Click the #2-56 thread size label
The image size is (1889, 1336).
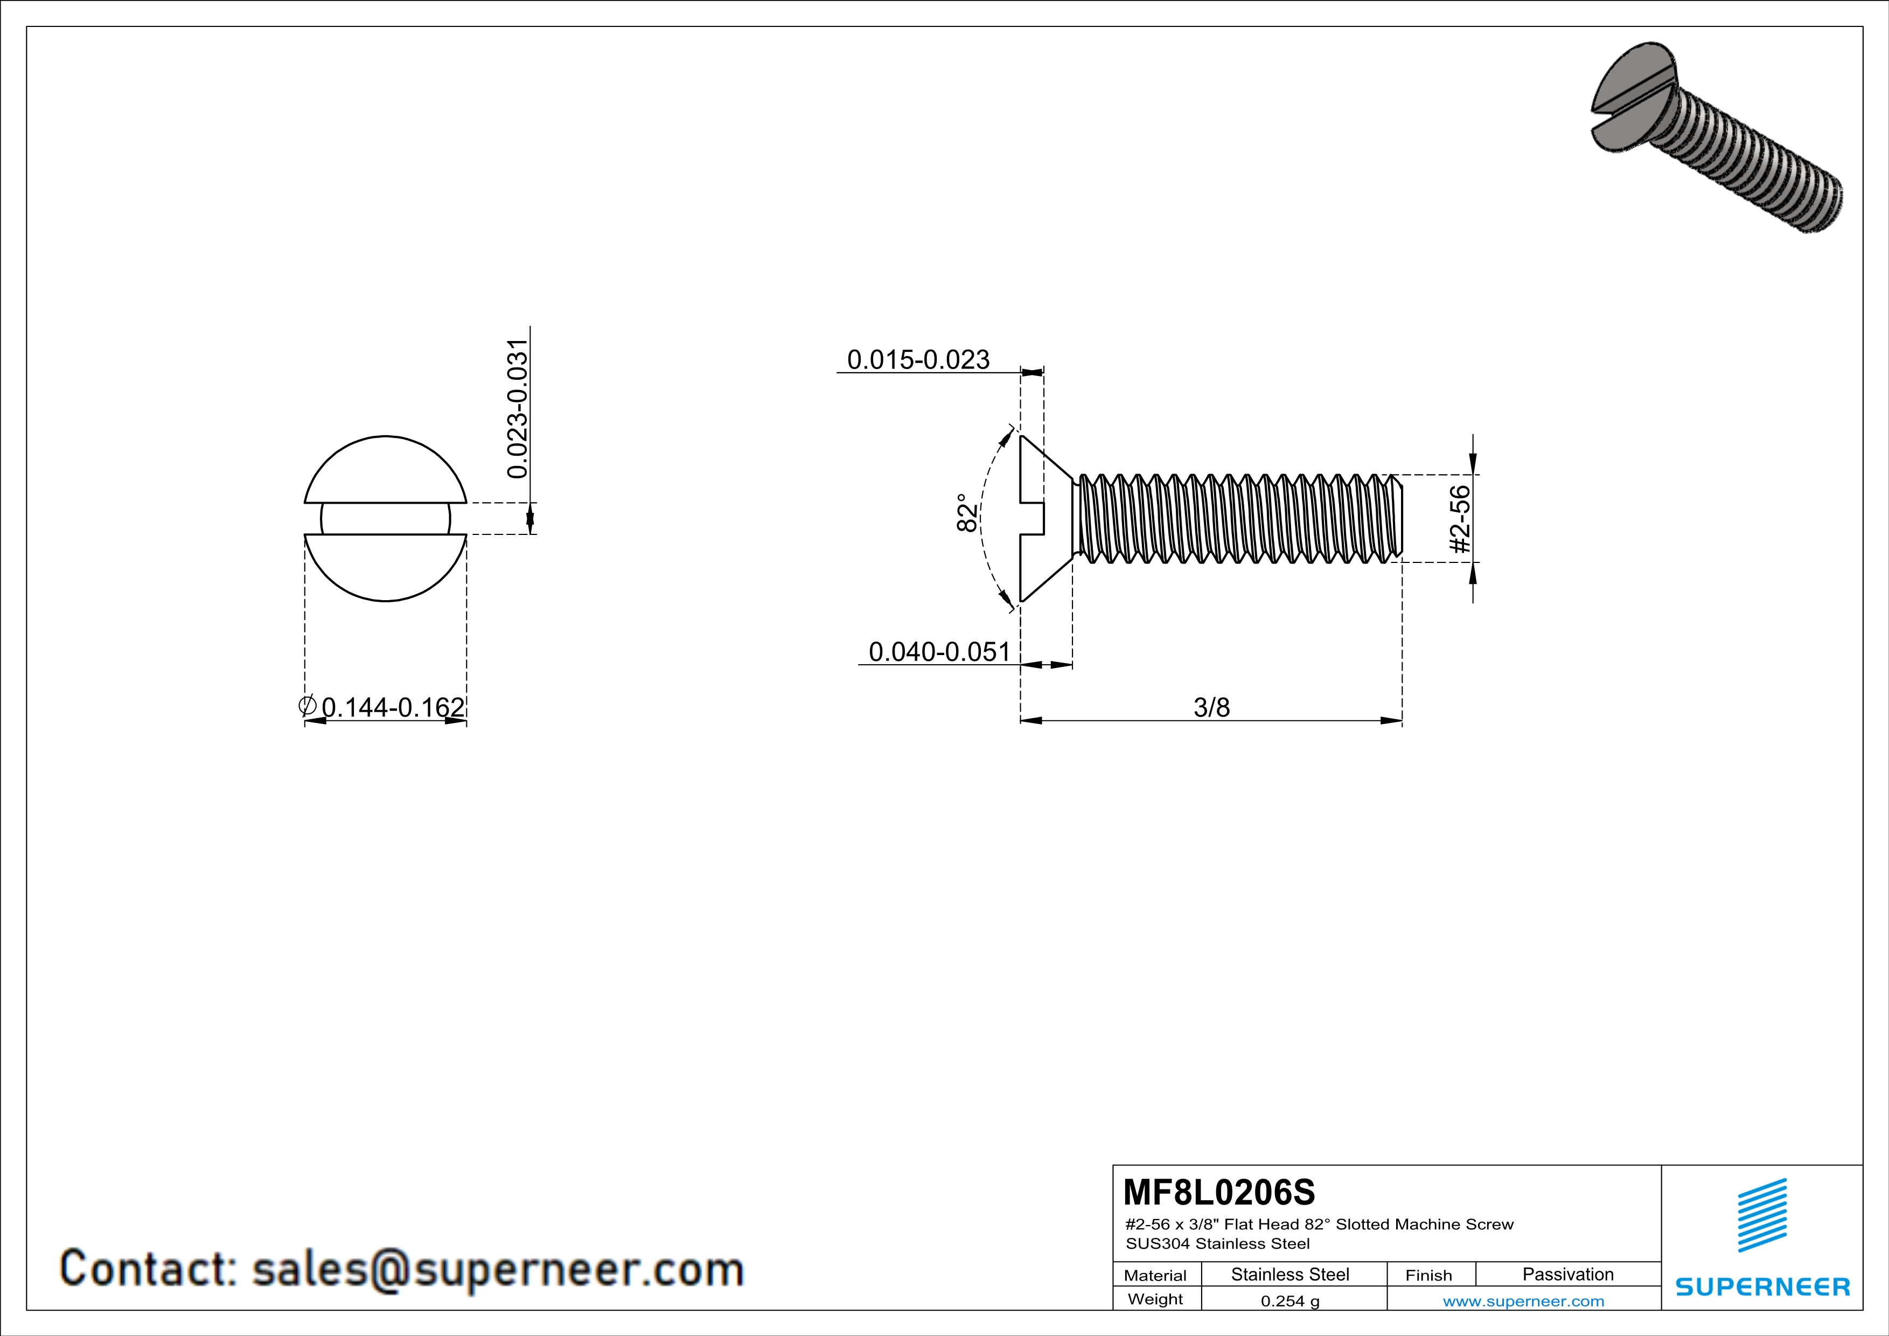(x=1459, y=520)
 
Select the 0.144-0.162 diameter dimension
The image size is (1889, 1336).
(x=393, y=707)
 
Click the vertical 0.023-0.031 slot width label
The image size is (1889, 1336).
(x=518, y=409)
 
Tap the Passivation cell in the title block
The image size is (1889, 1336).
(x=1567, y=1274)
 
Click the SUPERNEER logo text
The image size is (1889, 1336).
(x=1762, y=1286)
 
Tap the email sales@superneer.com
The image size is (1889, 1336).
(x=498, y=1269)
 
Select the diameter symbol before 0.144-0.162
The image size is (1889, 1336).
(x=308, y=705)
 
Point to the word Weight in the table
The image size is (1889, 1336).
(x=1155, y=1299)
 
